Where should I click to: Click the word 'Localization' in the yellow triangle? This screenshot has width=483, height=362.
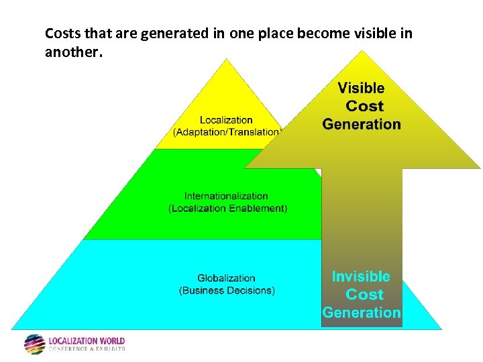[226, 120]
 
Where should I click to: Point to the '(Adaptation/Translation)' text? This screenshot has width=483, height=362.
[227, 132]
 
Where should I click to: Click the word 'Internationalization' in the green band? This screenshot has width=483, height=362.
[226, 196]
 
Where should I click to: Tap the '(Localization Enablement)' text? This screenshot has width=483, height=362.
[227, 208]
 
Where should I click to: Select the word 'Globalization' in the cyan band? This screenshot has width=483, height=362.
[226, 278]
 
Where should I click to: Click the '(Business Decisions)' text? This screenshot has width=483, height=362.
[227, 290]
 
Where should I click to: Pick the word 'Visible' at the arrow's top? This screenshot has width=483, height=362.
[361, 88]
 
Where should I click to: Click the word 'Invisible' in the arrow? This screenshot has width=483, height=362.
[361, 276]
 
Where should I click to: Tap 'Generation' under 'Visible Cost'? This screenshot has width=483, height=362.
[362, 124]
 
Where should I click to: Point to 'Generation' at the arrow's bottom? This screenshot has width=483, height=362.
[362, 312]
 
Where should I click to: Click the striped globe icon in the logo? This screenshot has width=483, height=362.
[34, 344]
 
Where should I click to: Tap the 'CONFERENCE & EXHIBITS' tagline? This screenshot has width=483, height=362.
[87, 349]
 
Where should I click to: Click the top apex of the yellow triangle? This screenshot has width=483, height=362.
[227, 60]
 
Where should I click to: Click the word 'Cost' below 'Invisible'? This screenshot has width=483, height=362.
[364, 294]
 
